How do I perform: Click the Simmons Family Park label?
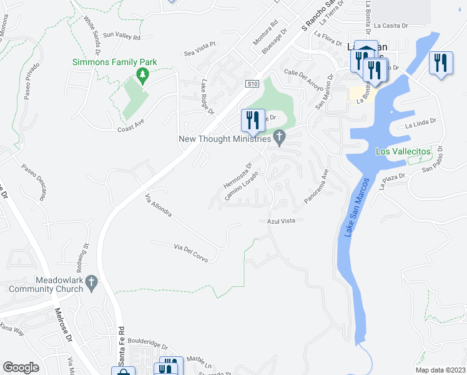click(x=114, y=62)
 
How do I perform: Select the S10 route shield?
click(x=251, y=83)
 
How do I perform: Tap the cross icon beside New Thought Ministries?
click(x=280, y=137)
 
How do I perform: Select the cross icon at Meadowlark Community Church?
click(x=92, y=282)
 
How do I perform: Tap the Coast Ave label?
click(x=131, y=129)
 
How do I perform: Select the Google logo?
click(x=21, y=367)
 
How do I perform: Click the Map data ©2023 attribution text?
click(x=440, y=370)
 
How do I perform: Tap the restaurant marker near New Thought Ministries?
click(x=253, y=121)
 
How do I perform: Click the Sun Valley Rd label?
click(x=122, y=37)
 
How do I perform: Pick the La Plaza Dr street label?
click(x=393, y=180)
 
